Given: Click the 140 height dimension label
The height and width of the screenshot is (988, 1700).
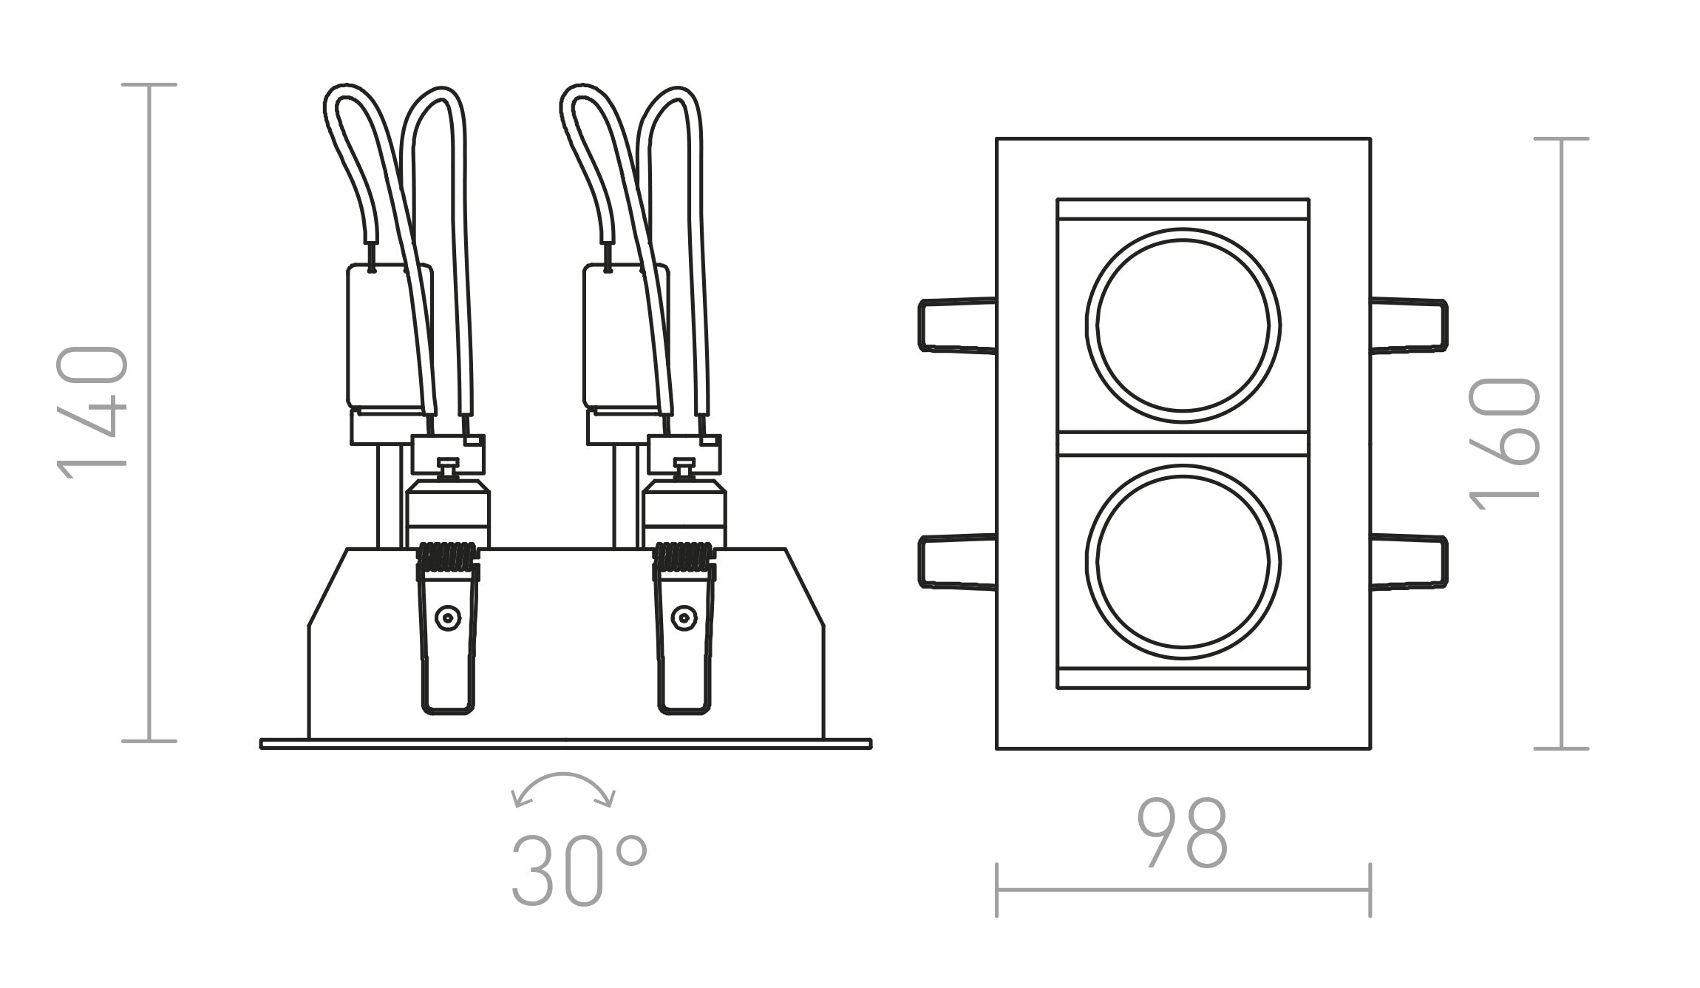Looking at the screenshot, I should tap(92, 413).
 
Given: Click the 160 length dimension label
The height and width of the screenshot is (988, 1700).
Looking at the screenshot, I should tap(1504, 444).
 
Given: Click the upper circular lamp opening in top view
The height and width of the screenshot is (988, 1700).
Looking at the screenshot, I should tap(1183, 325).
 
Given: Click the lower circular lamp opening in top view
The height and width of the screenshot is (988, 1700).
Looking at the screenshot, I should tap(1183, 562).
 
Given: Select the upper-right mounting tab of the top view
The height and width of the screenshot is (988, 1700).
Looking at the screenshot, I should tap(1409, 325).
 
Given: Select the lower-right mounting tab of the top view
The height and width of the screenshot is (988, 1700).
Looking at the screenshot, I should tap(1409, 562).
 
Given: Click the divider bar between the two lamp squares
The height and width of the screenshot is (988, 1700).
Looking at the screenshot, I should tap(1183, 444).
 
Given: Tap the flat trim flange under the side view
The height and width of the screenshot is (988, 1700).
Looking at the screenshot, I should tap(565, 744).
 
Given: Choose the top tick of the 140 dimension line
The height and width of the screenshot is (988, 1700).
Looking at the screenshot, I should tap(149, 85).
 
